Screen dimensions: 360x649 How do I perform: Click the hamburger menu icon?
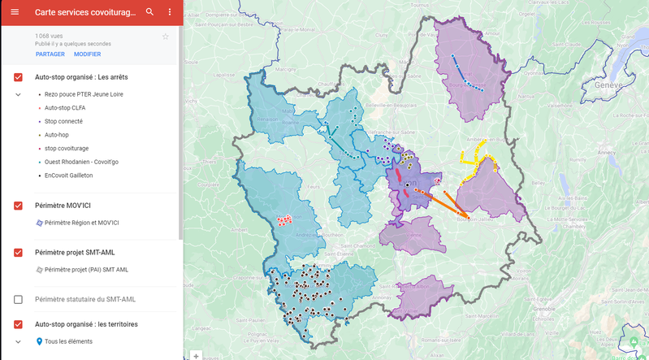[x=14, y=12]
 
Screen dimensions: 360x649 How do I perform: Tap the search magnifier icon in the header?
[x=149, y=12]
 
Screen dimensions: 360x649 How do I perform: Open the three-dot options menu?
[x=170, y=12]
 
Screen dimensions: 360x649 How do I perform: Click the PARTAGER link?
[x=50, y=54]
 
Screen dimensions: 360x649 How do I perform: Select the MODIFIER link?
[x=87, y=54]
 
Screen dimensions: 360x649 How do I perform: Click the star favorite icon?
[x=166, y=37]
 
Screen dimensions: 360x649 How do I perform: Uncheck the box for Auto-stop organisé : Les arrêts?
[x=18, y=77]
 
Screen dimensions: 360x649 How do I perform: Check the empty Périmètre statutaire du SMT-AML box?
[x=18, y=300]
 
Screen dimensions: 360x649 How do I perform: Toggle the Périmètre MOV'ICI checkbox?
[x=18, y=206]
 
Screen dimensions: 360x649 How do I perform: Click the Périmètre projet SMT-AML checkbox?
[x=18, y=253]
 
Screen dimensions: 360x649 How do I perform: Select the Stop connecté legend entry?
[x=63, y=122]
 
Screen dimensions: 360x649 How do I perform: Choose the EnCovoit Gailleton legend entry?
[x=68, y=175]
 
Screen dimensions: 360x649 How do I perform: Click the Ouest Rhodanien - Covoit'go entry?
[x=80, y=162]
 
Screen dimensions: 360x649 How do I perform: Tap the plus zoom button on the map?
[x=196, y=355]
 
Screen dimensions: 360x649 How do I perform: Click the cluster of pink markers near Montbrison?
[x=284, y=219]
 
